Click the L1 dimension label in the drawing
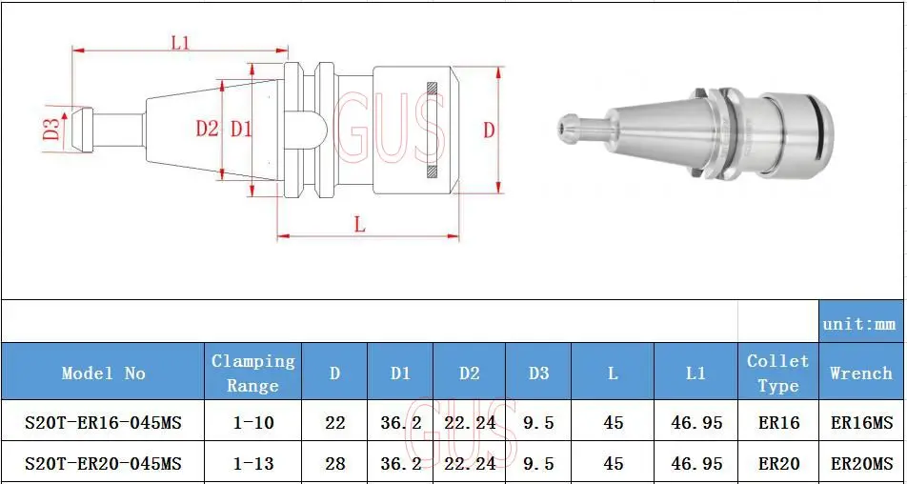(181, 42)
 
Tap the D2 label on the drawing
(207, 129)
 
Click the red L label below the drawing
(359, 225)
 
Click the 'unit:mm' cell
(860, 324)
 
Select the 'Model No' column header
(104, 373)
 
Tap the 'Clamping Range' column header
(252, 373)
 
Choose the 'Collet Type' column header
(777, 373)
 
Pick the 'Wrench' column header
(860, 373)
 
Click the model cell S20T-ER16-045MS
(104, 422)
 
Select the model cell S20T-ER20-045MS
(104, 464)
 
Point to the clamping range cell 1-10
(252, 422)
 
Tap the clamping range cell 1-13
(252, 464)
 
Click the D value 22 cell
(334, 422)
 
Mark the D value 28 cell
(334, 464)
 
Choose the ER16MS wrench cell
(860, 422)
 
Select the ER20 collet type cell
(777, 464)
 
